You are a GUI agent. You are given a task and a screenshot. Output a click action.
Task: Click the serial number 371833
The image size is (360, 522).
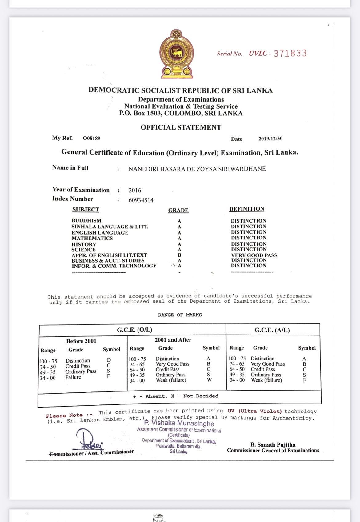pos(290,53)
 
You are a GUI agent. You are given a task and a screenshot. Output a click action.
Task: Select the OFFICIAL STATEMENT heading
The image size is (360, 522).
pos(181,127)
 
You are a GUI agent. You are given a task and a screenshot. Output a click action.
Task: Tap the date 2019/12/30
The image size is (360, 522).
pos(270,139)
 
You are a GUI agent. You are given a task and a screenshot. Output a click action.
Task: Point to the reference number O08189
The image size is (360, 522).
pos(91,138)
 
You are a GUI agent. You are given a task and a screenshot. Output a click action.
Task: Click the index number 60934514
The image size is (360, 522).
pos(141,200)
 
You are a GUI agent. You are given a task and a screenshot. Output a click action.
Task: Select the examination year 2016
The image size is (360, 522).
pos(135,190)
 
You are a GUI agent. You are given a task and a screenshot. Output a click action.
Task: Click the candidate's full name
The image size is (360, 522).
pos(197,169)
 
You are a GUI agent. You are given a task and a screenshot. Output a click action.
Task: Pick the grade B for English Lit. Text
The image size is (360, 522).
pos(179,255)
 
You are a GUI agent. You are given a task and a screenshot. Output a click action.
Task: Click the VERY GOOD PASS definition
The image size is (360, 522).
pos(254,255)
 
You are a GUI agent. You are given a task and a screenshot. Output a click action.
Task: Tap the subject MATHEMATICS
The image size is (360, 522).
pos(92,238)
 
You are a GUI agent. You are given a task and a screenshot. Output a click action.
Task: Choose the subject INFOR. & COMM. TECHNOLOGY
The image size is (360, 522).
pos(114,266)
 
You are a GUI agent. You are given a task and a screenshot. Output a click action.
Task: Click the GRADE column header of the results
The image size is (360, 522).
pos(178,210)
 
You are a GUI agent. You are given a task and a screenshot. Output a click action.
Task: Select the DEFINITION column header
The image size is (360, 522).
pos(247,209)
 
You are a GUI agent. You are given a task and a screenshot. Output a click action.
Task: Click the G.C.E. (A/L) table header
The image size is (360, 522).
pos(272,330)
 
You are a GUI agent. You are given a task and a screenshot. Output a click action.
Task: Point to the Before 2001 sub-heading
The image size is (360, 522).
pos(81,341)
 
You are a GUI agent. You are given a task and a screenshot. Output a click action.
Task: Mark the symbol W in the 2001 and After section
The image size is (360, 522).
pos(209,380)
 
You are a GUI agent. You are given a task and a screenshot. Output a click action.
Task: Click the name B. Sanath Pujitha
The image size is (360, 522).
pos(273,445)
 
